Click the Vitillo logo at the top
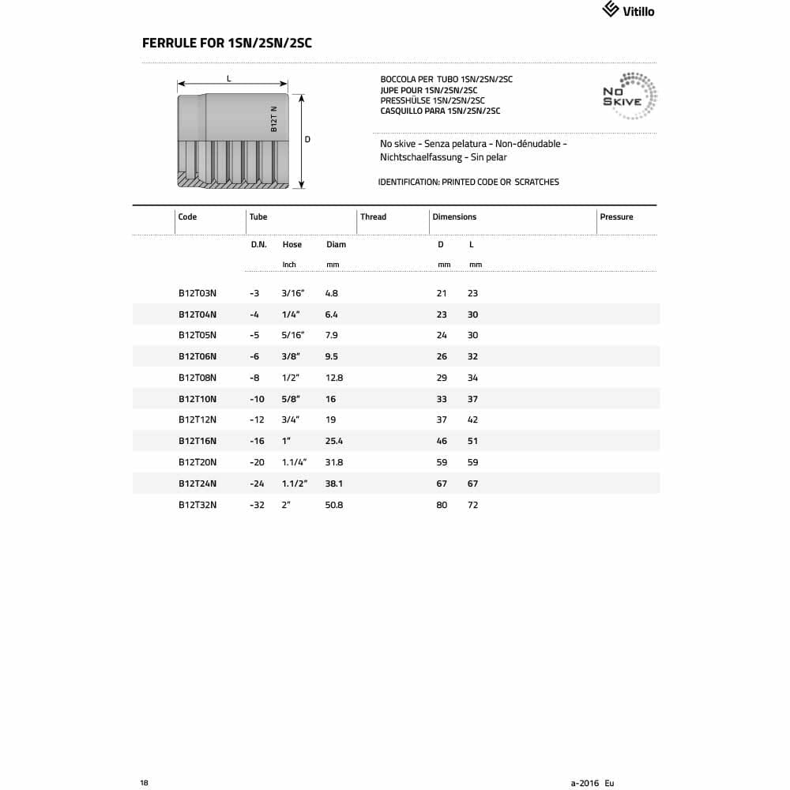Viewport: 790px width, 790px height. (629, 10)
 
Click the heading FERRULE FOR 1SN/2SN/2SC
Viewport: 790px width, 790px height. (227, 43)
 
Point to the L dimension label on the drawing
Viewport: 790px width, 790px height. (229, 78)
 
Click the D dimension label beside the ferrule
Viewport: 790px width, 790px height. (307, 140)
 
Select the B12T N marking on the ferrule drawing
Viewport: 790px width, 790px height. (274, 118)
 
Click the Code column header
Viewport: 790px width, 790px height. (187, 216)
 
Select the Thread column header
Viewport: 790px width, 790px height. (373, 216)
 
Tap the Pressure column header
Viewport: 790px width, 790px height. (616, 216)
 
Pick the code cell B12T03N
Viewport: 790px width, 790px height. (197, 293)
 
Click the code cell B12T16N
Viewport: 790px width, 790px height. (197, 441)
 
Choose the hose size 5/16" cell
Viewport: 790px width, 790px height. (292, 335)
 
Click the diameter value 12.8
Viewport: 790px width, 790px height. (334, 378)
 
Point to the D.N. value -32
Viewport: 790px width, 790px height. (257, 505)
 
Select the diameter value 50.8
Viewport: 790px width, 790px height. (334, 505)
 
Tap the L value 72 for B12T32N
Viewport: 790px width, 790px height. (472, 505)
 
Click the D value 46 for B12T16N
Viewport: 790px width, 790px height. (442, 441)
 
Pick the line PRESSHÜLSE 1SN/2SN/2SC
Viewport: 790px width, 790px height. (432, 100)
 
